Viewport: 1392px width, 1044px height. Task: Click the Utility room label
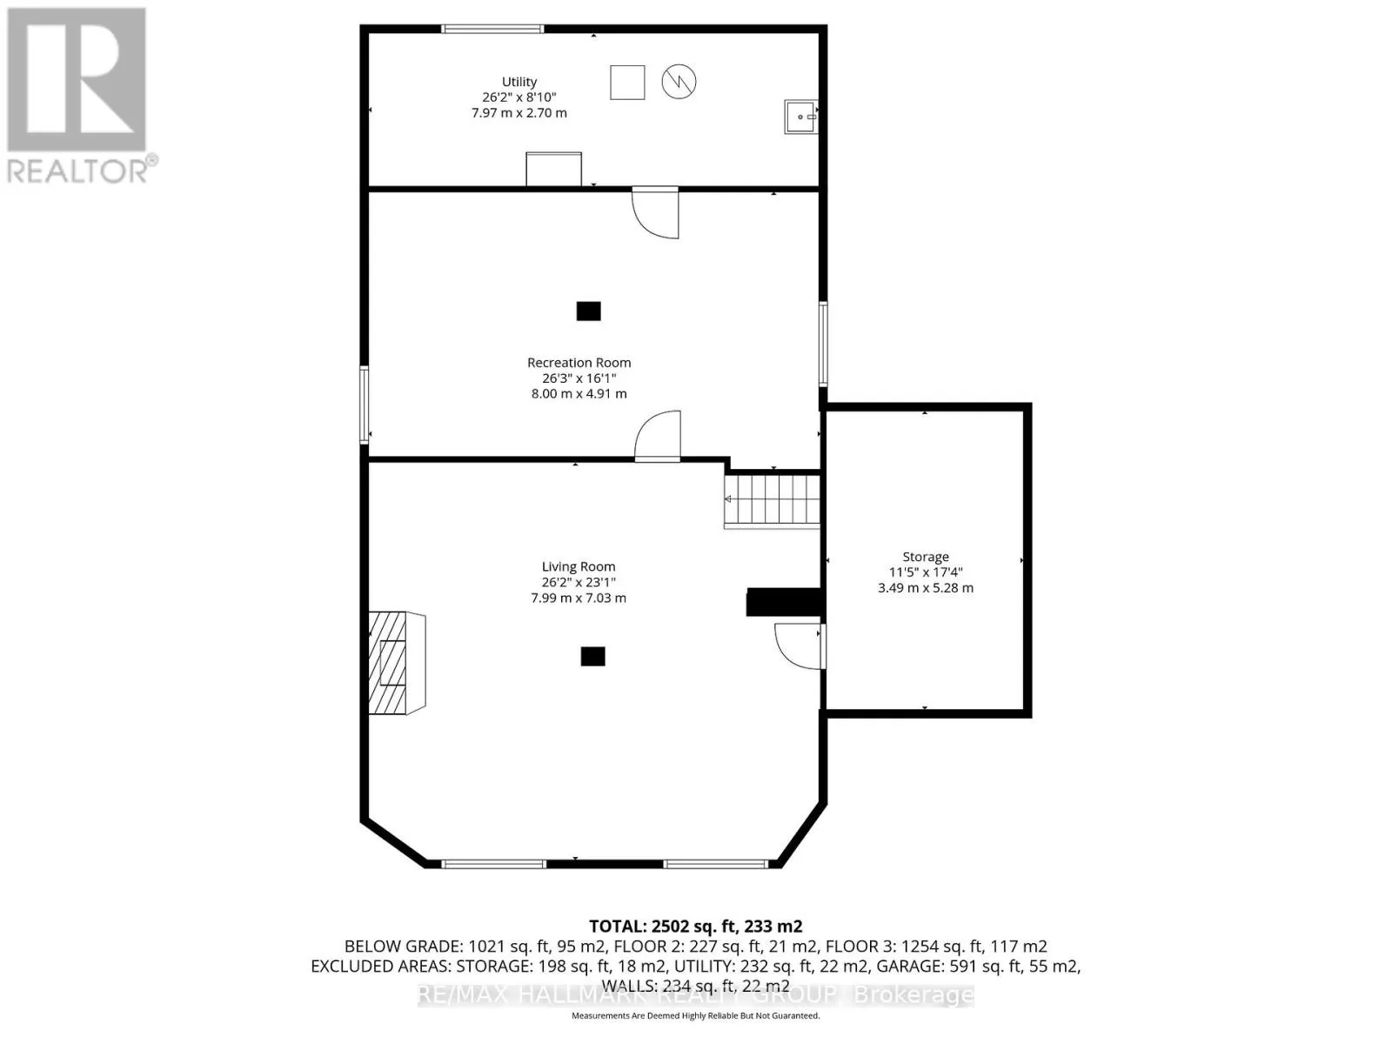(x=519, y=82)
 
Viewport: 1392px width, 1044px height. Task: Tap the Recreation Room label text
(x=579, y=363)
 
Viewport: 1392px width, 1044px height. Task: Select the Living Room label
(x=579, y=566)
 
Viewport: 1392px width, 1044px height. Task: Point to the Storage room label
(x=925, y=557)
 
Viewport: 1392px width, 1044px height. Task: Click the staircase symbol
(x=773, y=501)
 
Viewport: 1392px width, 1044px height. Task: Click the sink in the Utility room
(x=800, y=117)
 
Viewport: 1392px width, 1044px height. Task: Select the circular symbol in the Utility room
(x=679, y=82)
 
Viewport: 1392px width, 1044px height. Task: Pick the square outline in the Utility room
(x=627, y=83)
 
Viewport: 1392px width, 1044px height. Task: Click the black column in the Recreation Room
(x=589, y=311)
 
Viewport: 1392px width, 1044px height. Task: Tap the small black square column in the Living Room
(x=592, y=656)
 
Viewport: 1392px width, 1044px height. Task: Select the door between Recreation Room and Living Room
(x=659, y=438)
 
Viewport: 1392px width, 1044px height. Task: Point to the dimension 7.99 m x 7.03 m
(x=579, y=599)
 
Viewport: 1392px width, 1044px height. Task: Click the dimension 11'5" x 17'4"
(x=925, y=572)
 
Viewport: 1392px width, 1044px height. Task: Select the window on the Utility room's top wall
(x=492, y=30)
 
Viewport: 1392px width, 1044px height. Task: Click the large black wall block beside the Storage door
(x=784, y=602)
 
